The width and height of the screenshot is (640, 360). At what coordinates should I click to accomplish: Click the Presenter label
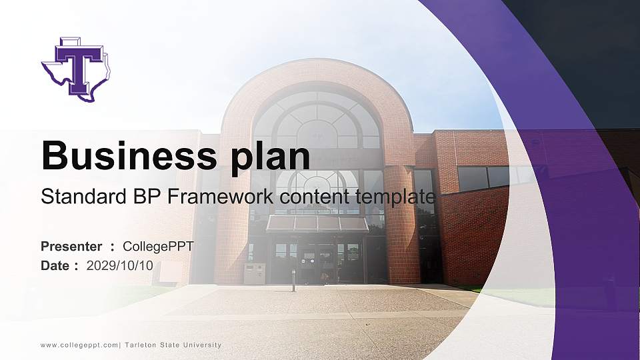tap(71, 247)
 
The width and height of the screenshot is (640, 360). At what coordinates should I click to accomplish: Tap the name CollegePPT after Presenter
tap(158, 247)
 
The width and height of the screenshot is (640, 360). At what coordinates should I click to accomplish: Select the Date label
tap(55, 265)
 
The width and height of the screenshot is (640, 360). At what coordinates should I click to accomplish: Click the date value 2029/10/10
tap(120, 265)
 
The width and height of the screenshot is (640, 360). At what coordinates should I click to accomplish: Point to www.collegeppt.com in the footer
tap(79, 345)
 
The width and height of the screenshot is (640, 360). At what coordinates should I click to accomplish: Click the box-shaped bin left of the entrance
tap(254, 273)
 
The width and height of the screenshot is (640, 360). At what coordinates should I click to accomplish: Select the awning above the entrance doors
tap(317, 223)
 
